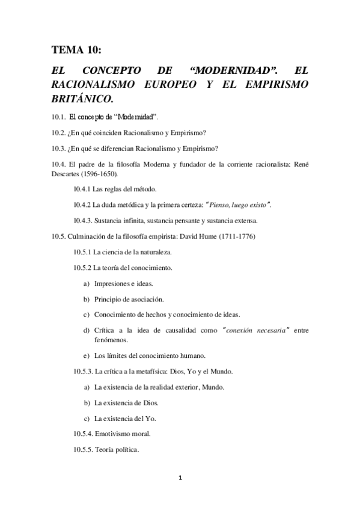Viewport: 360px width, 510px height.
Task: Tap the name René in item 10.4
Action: click(301, 164)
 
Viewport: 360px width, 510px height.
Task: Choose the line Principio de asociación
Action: click(129, 299)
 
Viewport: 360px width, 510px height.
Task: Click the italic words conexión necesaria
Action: click(255, 330)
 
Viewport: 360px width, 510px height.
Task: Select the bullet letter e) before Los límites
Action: click(87, 355)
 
